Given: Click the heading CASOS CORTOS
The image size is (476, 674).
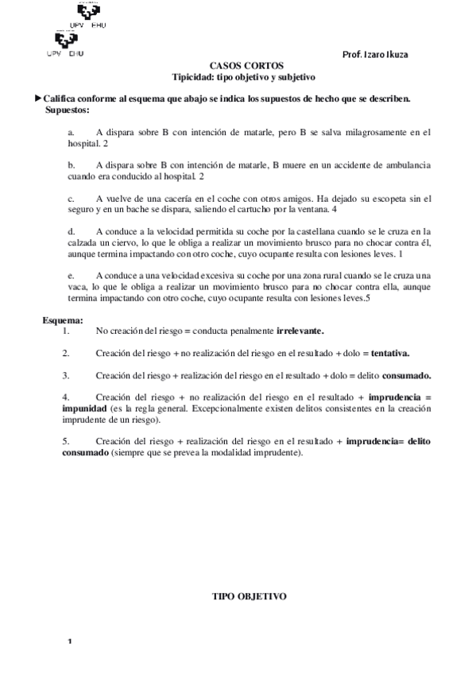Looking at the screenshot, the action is pos(246,67).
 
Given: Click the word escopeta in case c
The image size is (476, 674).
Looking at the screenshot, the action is pos(385,198).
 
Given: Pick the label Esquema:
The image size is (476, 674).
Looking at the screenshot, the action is pos(62,320).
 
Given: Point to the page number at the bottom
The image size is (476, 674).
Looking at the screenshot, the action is pos(70,641).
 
